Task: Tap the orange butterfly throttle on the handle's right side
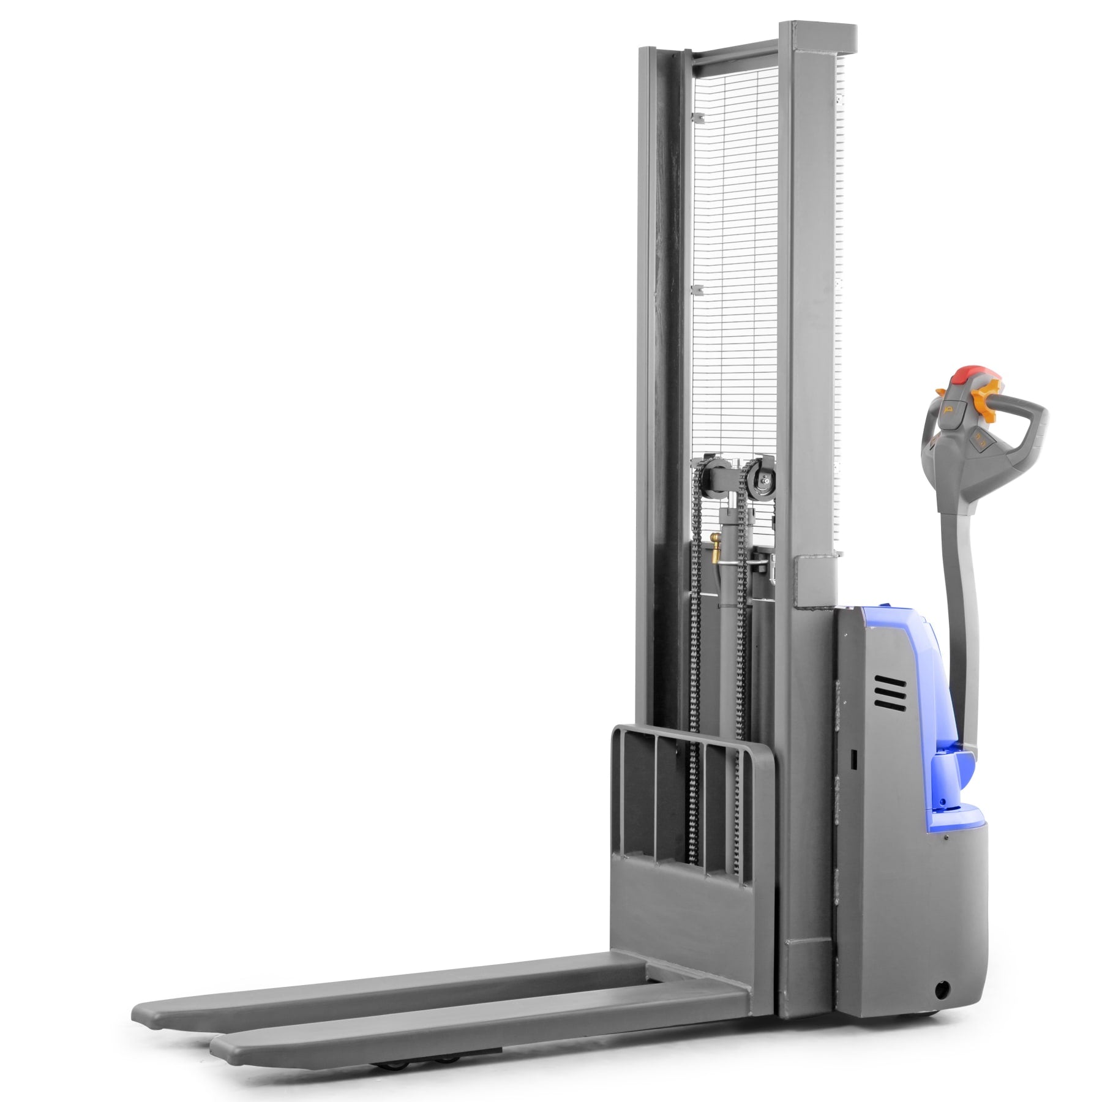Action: (986, 398)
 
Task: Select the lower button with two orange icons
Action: (978, 437)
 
